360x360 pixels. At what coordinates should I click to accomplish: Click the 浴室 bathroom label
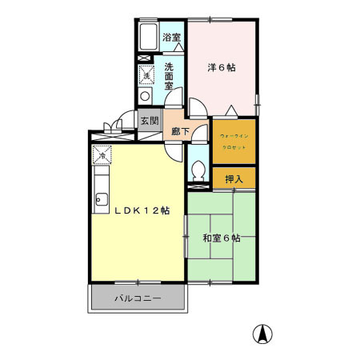171,38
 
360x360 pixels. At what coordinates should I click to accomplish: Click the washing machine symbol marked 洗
146,74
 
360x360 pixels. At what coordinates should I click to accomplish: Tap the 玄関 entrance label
149,122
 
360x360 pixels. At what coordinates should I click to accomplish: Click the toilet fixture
198,169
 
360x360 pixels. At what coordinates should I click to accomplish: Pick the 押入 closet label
234,178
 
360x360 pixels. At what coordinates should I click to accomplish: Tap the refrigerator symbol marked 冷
102,154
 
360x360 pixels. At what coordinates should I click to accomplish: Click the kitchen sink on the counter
102,200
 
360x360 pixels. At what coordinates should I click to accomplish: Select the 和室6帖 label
222,238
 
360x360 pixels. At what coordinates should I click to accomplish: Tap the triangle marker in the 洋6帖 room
231,110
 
